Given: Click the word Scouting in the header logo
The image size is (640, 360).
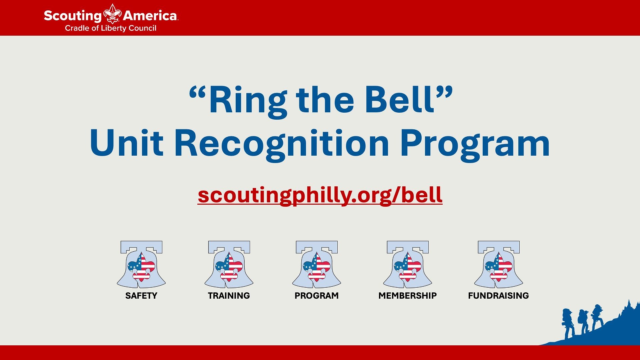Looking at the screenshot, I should point(72,16).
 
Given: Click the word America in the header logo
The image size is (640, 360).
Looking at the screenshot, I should point(150,16).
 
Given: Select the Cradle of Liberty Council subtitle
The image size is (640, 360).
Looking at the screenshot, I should point(110,28).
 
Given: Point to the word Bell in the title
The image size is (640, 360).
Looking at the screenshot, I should point(399,100).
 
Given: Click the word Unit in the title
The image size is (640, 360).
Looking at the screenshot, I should point(126,143).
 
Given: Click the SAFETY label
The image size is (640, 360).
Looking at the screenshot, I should point(141,296).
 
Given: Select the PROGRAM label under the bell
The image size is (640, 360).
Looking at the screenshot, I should point(317,296).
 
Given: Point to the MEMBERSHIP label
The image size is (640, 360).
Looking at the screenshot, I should point(408,296).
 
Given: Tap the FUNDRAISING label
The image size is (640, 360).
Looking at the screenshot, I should point(499,296).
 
